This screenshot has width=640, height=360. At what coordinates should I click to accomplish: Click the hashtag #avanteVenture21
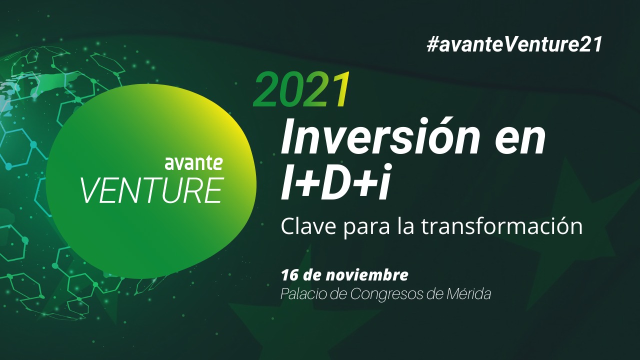[514, 44]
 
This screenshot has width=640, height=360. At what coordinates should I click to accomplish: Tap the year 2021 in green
[301, 89]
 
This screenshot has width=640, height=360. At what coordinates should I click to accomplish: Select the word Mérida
[468, 293]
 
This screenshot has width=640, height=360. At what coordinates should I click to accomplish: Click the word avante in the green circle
[193, 163]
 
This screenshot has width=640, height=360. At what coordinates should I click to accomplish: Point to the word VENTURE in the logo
[152, 190]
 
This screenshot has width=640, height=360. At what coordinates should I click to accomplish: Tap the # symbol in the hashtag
[432, 45]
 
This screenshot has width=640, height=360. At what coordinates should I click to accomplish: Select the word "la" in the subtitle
[405, 226]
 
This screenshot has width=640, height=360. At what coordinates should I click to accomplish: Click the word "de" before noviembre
[311, 275]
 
